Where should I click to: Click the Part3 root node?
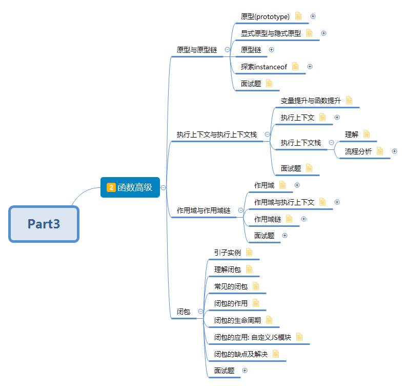pos(44,224)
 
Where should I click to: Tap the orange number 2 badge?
pos(111,187)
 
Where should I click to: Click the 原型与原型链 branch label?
pos(197,50)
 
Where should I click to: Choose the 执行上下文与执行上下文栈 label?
pos(217,134)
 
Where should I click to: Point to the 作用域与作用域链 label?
pos(204,210)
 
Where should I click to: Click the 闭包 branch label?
pos(184,312)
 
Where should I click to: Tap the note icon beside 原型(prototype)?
pos(298,16)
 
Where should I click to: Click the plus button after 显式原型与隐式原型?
pos(323,33)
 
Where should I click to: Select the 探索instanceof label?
pos(264,67)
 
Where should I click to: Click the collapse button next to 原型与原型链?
pos(227,50)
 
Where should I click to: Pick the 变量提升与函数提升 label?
pos(311,101)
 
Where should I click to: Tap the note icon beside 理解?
pos(366,134)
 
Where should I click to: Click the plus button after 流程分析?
pos(394,151)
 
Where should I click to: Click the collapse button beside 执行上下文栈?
pos(331,142)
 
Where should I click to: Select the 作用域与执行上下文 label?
pos(284,202)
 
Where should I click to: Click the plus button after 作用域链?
pos(303,219)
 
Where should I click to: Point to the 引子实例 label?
pos(228,252)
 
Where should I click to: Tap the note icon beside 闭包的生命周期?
pos(269,320)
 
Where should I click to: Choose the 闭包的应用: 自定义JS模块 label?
pos(253,337)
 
